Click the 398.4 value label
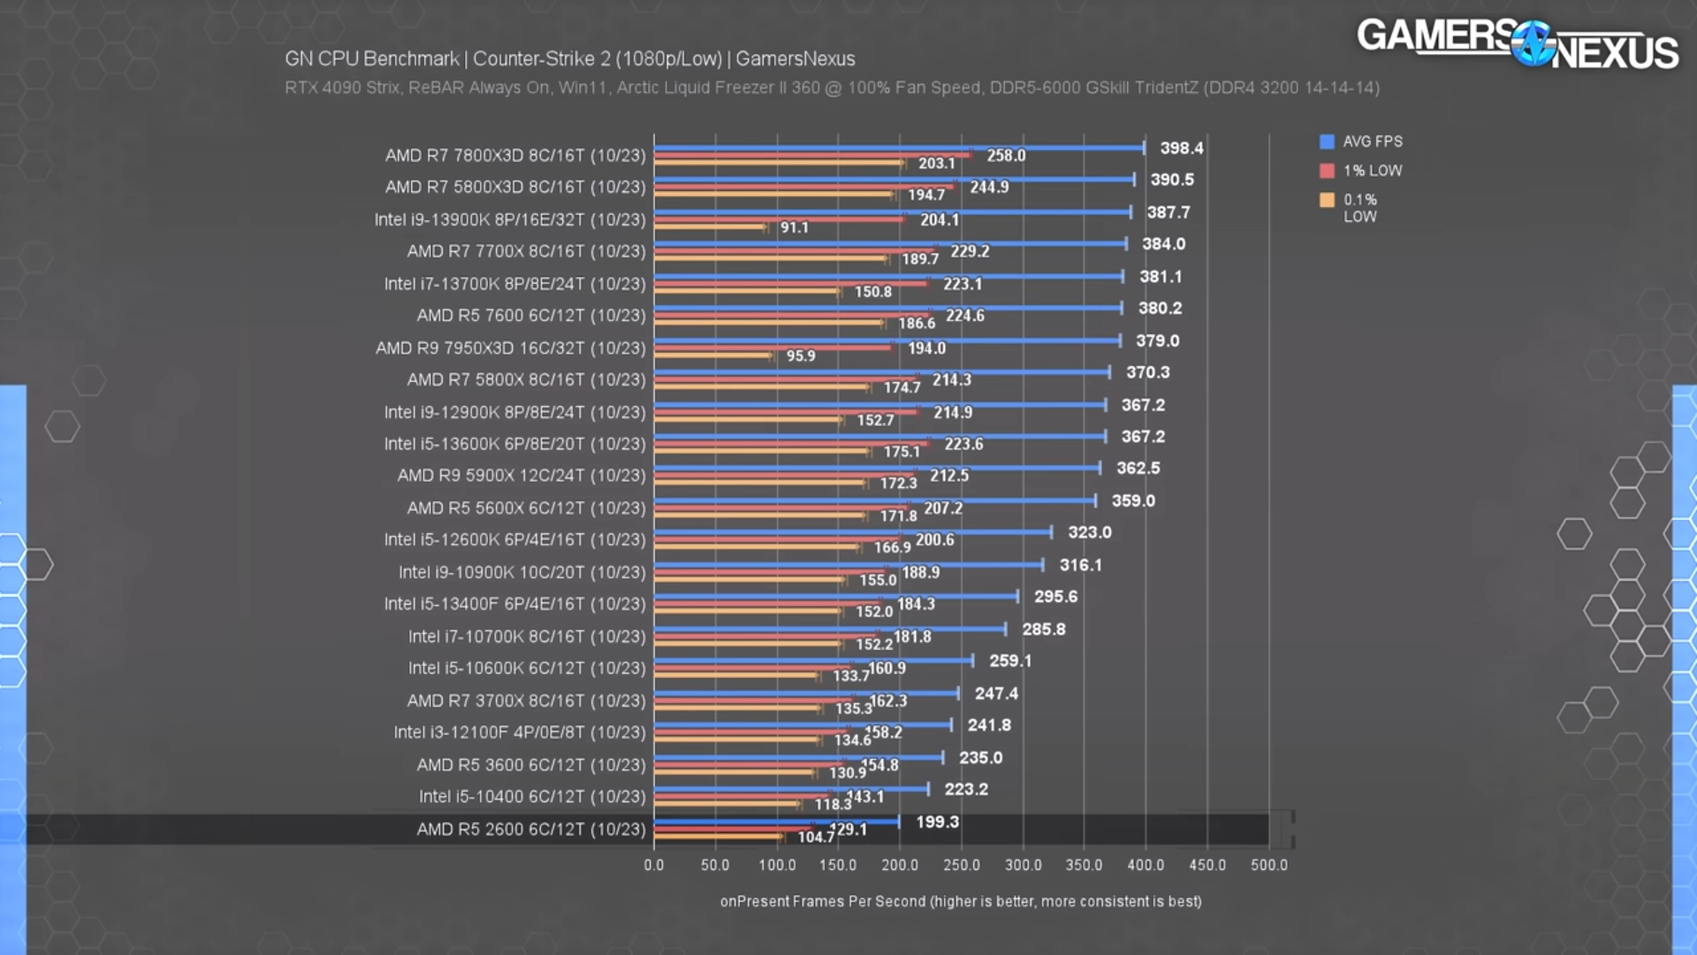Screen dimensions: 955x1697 1181,149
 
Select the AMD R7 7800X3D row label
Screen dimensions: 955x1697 515,156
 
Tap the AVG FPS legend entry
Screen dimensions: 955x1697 1361,141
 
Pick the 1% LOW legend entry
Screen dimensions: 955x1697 1361,171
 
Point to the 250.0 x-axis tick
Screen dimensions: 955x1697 961,865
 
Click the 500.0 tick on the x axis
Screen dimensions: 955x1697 1268,865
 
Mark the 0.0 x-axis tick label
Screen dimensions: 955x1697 654,865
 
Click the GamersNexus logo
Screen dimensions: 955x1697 1517,43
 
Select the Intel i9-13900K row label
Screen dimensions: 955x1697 510,219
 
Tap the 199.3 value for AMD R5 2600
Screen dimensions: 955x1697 937,822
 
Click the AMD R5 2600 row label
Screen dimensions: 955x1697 531,829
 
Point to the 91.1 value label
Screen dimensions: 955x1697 794,228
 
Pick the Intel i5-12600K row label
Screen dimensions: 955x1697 514,539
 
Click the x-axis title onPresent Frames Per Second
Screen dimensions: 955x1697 960,901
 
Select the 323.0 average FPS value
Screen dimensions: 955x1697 1089,532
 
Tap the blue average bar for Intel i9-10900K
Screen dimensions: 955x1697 848,565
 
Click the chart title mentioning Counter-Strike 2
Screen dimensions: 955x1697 569,59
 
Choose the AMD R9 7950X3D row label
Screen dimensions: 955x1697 511,348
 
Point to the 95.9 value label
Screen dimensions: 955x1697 800,356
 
